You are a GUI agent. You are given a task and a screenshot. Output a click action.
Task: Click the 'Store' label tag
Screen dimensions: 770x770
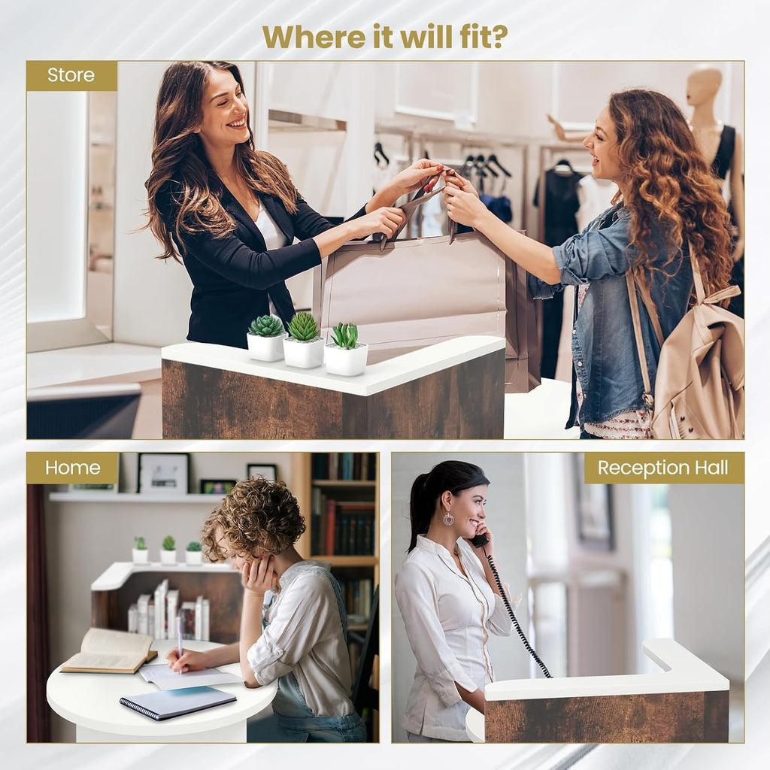pos(71,76)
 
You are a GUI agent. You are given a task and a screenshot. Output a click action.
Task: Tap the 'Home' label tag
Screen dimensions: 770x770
pos(73,468)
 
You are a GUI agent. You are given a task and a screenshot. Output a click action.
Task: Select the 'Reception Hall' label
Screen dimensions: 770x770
pos(663,468)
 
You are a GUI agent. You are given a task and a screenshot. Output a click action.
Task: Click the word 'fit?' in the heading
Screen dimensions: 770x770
pos(479,36)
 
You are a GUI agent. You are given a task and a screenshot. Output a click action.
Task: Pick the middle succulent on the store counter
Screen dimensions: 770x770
pos(303,340)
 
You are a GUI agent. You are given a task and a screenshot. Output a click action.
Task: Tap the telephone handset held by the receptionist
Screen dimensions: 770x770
pos(480,537)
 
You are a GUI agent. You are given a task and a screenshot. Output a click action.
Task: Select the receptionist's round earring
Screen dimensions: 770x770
pos(448,519)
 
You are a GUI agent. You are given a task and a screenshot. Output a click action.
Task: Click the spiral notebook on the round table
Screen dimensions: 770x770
pos(177,703)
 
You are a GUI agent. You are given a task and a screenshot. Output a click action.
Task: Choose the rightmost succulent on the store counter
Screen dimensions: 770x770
pos(346,349)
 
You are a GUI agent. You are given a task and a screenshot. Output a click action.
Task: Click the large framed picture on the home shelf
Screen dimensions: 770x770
pos(163,473)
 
